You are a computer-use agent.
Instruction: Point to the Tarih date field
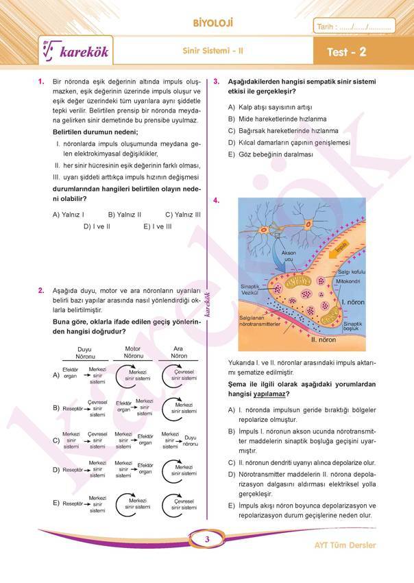(x=354, y=27)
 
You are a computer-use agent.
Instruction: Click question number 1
(x=42, y=82)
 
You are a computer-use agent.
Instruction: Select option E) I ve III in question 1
(x=158, y=226)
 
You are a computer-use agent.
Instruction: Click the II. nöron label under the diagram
(x=322, y=339)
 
